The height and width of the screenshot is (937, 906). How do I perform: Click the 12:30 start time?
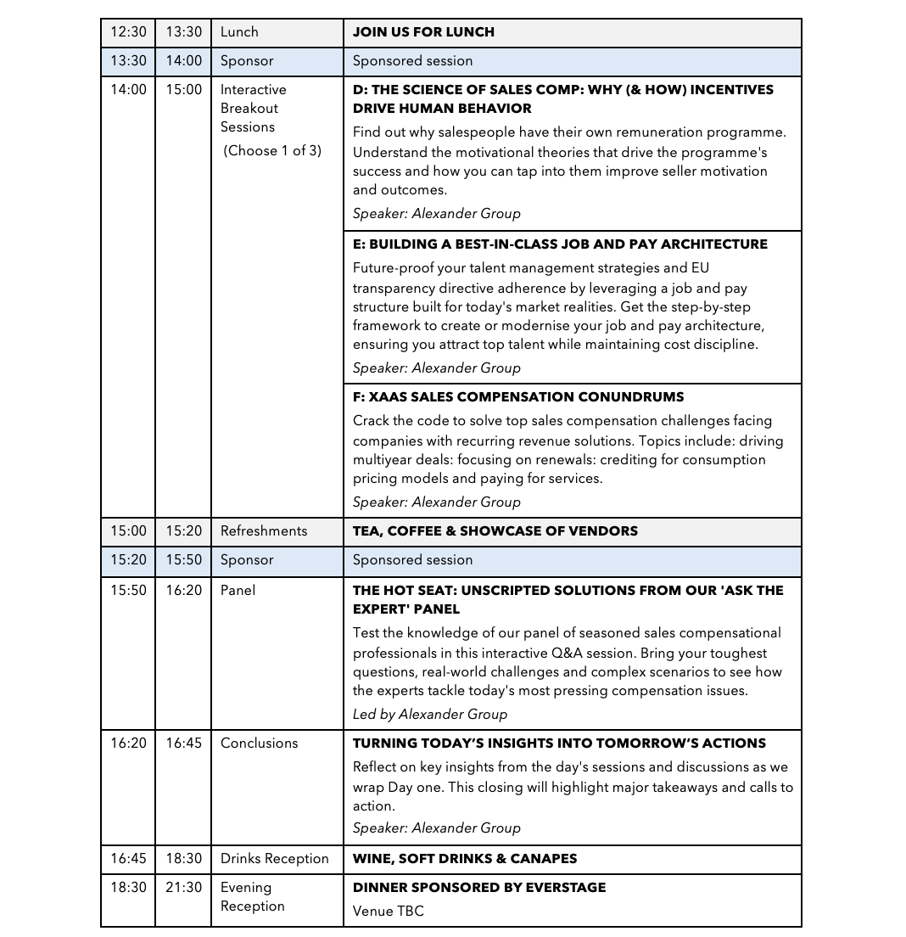pos(128,32)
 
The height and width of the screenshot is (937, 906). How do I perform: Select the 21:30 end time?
pos(183,888)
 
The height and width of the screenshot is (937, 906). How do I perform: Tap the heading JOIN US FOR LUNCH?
pos(423,32)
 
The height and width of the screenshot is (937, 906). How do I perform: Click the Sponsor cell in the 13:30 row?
pos(247,61)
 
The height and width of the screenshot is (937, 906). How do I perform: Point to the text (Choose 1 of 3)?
pos(272,151)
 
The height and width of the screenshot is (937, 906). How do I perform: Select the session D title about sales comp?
pos(562,99)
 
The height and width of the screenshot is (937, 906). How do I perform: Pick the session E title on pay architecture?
pos(560,244)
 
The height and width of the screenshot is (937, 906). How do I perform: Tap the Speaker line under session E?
pos(437,368)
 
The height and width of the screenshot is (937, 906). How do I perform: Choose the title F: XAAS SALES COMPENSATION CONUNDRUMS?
pos(518,397)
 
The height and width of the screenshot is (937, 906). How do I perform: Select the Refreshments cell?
pos(264,531)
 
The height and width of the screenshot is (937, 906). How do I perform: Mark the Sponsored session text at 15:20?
pos(412,560)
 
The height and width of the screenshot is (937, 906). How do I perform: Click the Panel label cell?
pos(238,591)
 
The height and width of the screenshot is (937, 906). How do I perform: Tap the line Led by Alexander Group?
pos(430,715)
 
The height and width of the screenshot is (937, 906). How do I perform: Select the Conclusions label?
pos(259,743)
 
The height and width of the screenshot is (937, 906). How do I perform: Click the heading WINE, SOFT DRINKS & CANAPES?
pos(465,859)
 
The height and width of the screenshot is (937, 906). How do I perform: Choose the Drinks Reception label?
pos(274,859)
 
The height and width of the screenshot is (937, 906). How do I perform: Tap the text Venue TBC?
pos(388,912)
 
